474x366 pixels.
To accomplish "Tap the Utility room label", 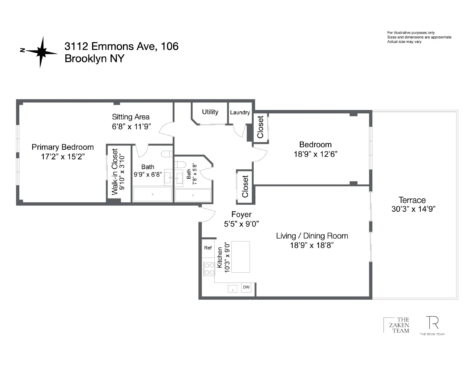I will tap(210, 112).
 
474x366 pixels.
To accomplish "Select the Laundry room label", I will tap(240, 113).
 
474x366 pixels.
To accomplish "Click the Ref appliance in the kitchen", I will tap(208, 248).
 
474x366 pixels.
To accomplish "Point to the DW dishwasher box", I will tap(246, 287).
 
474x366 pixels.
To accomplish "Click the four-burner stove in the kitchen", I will tap(209, 269).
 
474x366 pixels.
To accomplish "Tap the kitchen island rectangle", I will tap(240, 257).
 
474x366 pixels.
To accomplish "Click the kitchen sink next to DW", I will tap(232, 288).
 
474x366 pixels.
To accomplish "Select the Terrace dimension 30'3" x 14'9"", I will tap(413, 209).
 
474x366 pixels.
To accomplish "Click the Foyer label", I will tap(242, 214).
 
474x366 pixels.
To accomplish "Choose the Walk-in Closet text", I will tap(115, 172).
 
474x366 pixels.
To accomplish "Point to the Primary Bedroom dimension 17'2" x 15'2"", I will tap(63, 157).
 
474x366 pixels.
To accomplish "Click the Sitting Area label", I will tap(131, 117).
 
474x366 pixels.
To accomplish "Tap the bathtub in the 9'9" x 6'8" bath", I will tap(153, 194).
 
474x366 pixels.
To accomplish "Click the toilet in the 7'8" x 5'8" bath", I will tap(180, 164).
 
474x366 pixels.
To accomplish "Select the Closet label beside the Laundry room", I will tap(261, 127).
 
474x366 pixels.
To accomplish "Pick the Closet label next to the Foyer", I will tap(245, 187).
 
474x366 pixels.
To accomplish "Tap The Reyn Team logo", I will tap(432, 326).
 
